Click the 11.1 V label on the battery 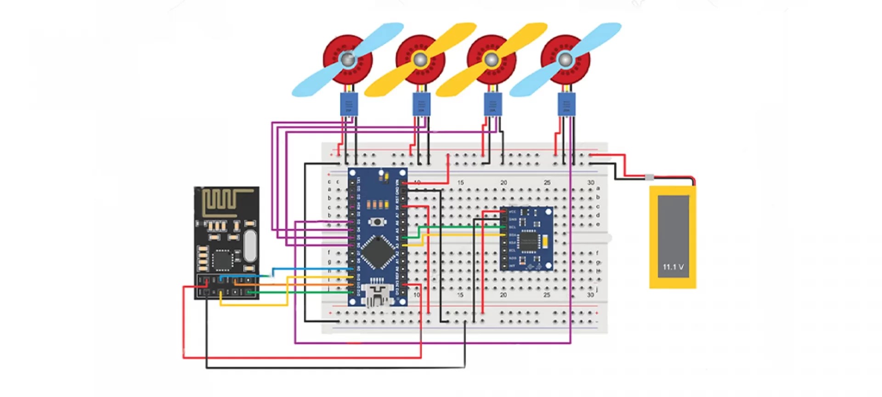[673, 267]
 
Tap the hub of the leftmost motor [348, 59]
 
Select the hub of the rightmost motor [565, 59]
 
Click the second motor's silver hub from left [420, 59]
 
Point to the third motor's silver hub [491, 59]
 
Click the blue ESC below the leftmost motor [349, 104]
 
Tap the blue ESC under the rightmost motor [566, 104]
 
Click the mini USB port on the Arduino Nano [377, 295]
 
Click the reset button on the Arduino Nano [377, 222]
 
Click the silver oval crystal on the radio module [249, 245]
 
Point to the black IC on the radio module [223, 261]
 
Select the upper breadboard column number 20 [503, 182]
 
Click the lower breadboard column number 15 [460, 295]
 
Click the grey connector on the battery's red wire [649, 177]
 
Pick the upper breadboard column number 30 [590, 182]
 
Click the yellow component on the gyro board [545, 241]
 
